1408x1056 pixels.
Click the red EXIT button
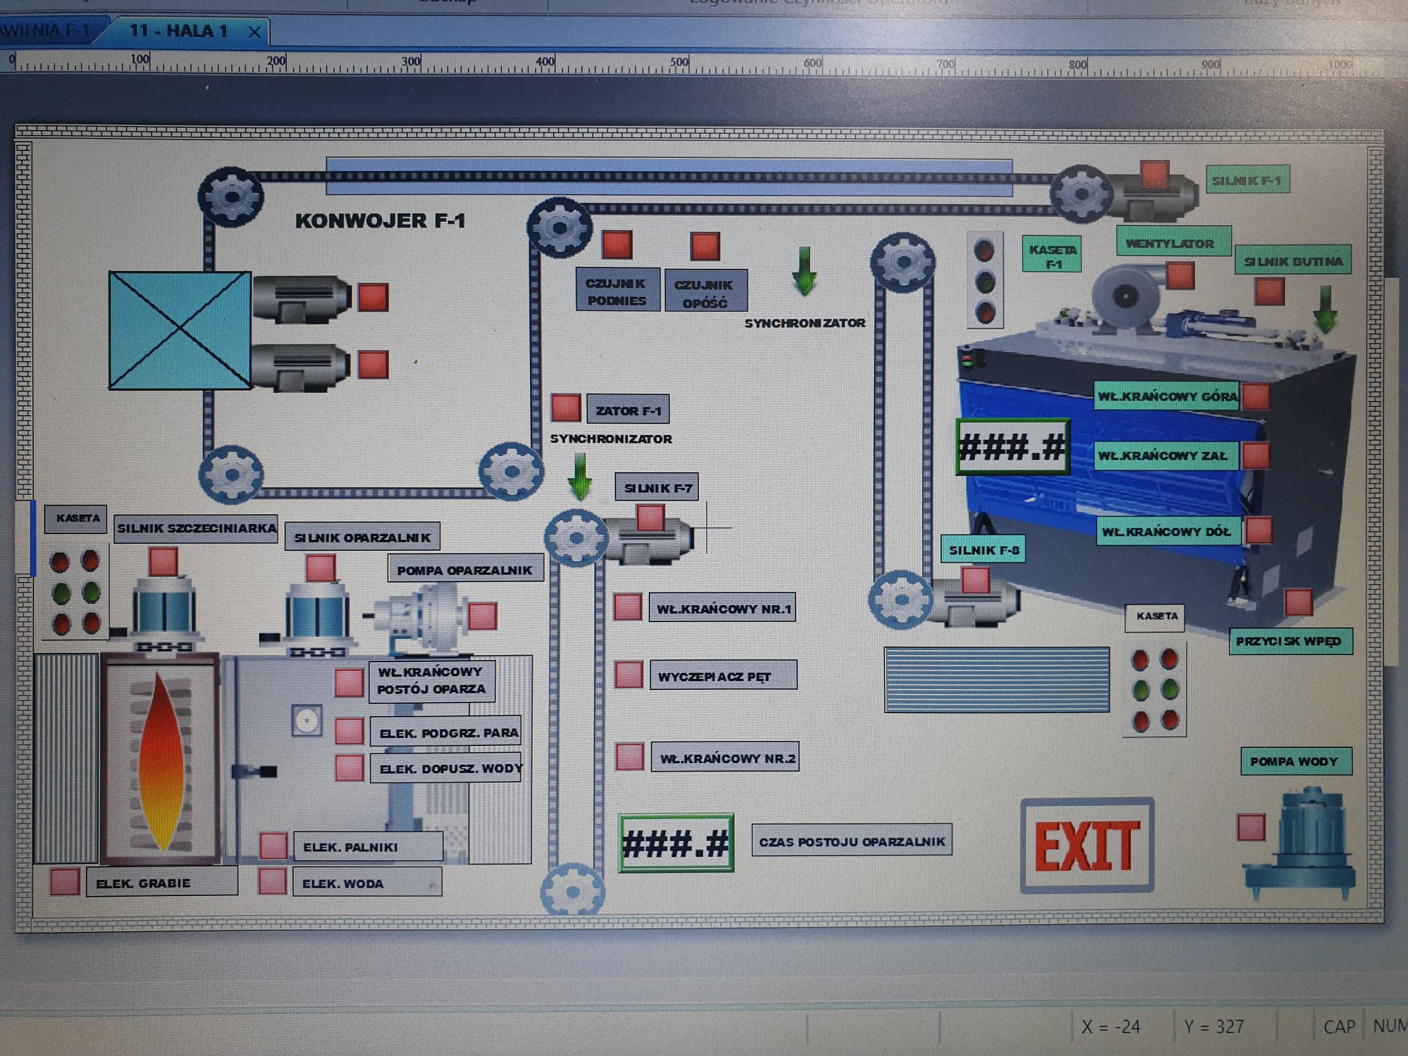(x=1087, y=845)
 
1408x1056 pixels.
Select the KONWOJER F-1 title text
(x=380, y=221)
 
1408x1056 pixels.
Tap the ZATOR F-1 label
(x=628, y=411)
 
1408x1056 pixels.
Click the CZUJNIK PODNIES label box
(x=617, y=291)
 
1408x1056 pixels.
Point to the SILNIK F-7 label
(x=657, y=488)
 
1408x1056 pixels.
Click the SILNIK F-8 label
(x=983, y=550)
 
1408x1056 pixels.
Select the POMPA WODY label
(x=1294, y=761)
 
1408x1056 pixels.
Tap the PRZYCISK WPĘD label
(x=1289, y=641)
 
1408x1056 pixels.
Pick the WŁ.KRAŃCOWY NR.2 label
(x=726, y=758)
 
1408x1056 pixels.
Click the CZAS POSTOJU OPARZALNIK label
(x=851, y=842)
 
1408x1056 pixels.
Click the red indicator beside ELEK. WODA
(x=272, y=881)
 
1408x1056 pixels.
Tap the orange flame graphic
(x=161, y=761)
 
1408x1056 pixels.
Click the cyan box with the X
(x=179, y=330)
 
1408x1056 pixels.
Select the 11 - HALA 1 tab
(x=178, y=31)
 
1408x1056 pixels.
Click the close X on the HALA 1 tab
(x=255, y=32)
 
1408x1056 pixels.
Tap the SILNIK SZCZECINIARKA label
(x=196, y=528)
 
